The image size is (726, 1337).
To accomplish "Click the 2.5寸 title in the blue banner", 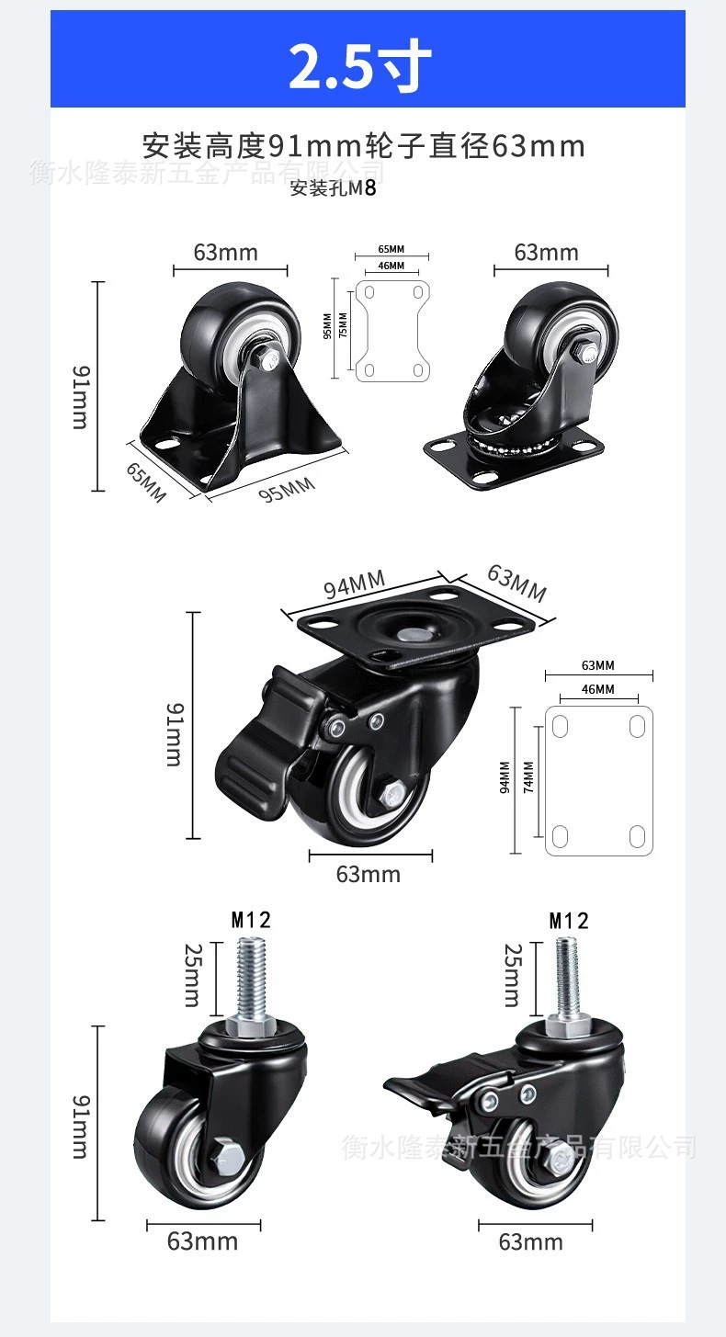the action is (360, 64).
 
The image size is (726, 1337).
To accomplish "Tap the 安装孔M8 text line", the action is (334, 188).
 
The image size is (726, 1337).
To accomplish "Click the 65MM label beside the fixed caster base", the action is (146, 482).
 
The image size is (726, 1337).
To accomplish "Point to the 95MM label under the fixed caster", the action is (287, 490).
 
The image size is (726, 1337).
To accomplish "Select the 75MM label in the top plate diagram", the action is (343, 325).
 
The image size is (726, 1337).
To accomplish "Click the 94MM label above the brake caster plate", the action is (355, 584).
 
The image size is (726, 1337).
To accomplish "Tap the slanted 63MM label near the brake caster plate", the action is (517, 584).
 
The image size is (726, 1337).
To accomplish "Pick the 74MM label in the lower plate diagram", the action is (528, 776).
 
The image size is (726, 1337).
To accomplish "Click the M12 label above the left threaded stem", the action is (251, 920).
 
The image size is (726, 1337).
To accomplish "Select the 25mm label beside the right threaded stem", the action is (513, 975).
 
